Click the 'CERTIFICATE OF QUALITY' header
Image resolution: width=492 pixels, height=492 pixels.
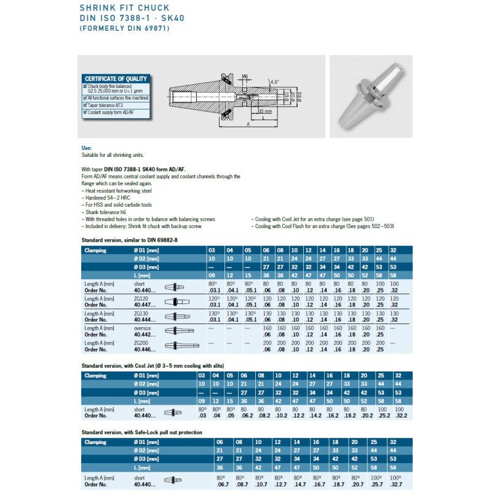pos(116,79)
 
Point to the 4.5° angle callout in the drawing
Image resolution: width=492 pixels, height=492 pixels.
pos(274,81)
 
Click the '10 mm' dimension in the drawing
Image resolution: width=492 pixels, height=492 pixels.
pos(265,111)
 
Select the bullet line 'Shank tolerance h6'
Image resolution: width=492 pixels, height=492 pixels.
pos(106,212)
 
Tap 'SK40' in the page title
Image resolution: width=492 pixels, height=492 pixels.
pos(172,18)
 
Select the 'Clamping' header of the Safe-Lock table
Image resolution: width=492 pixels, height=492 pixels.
pos(95,442)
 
